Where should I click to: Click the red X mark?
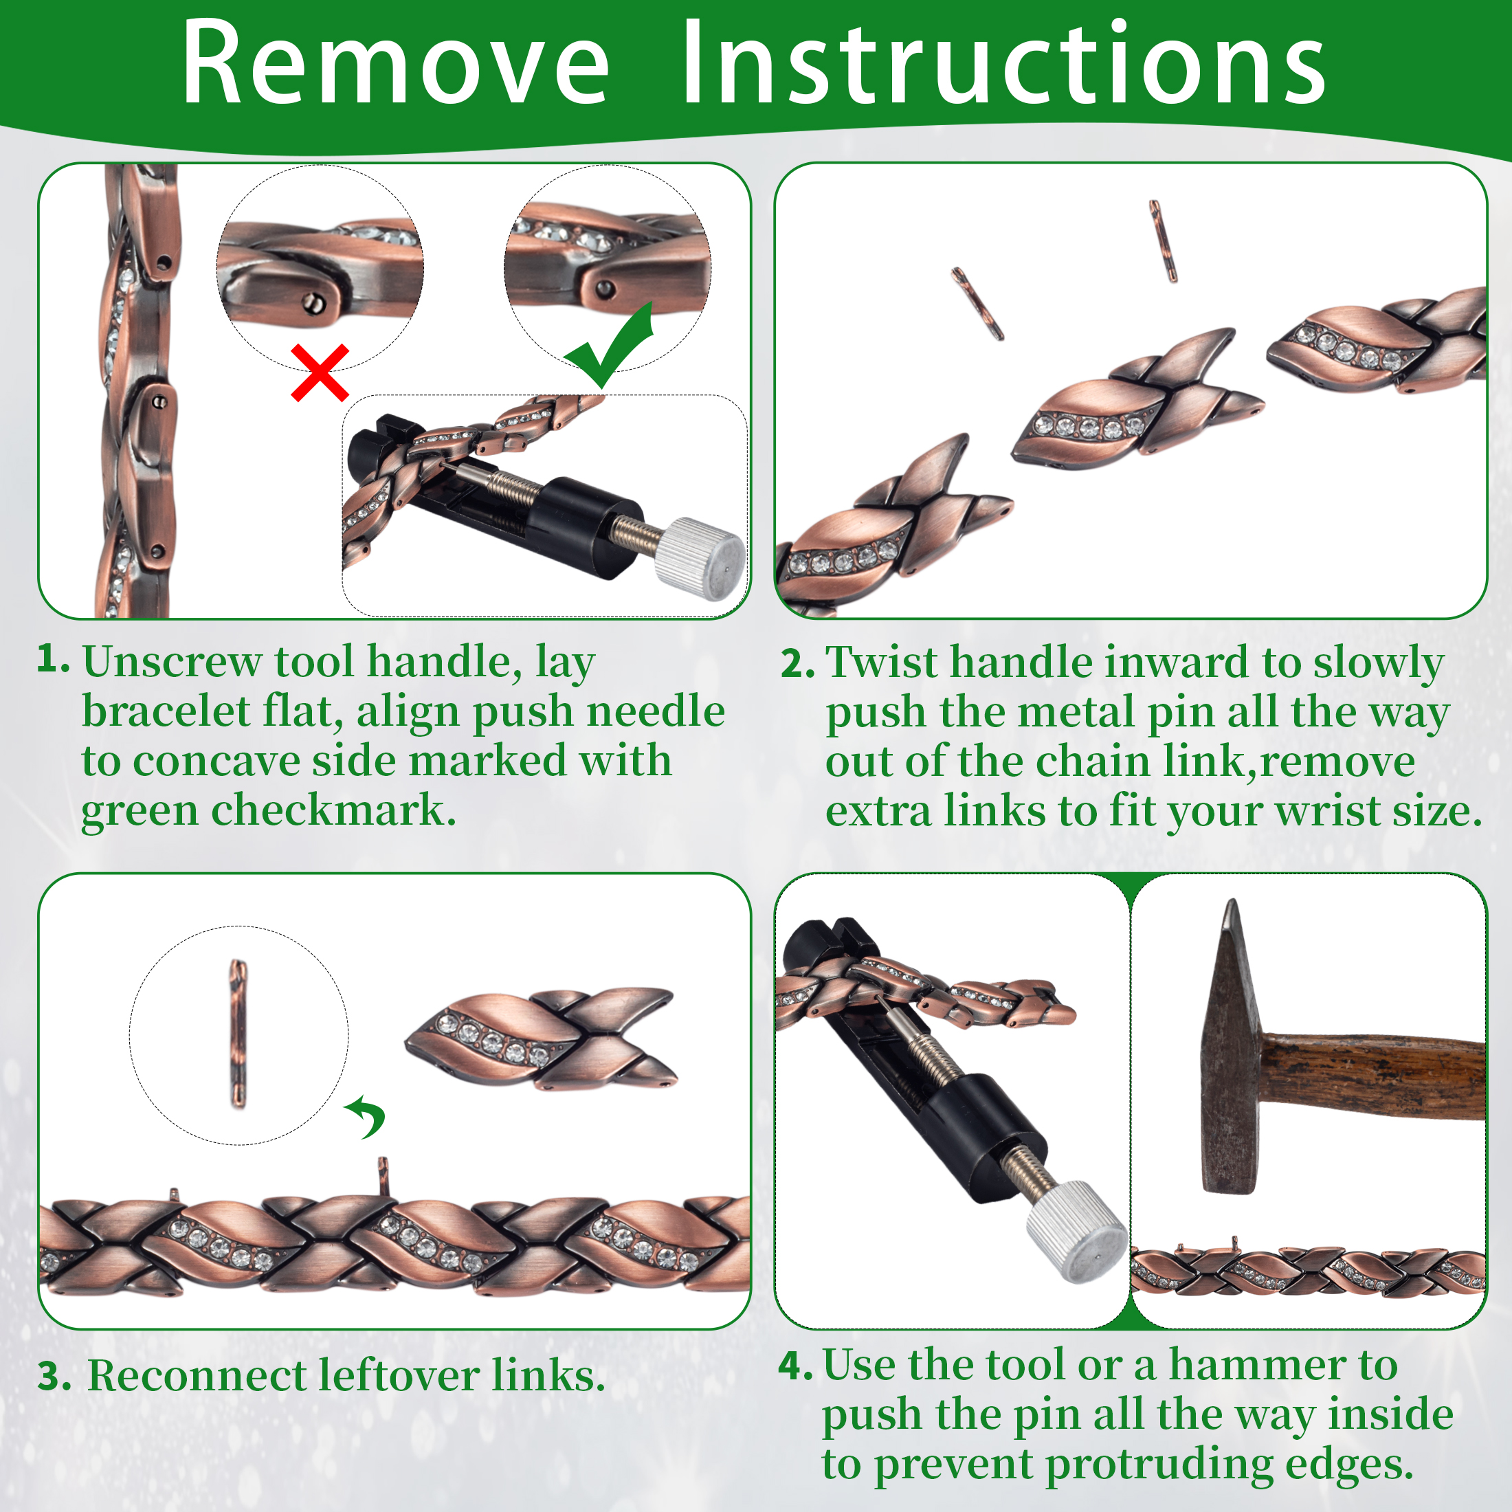[x=320, y=373]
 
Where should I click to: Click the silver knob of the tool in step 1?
[x=699, y=559]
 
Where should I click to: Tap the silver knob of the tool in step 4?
[x=1076, y=1232]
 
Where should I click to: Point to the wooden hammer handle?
[x=1373, y=1077]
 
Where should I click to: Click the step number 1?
[x=52, y=659]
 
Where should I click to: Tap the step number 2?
[x=797, y=664]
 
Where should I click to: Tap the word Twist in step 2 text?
[x=881, y=662]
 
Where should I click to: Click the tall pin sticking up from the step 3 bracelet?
[x=383, y=1176]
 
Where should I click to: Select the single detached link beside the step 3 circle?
[x=540, y=1038]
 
